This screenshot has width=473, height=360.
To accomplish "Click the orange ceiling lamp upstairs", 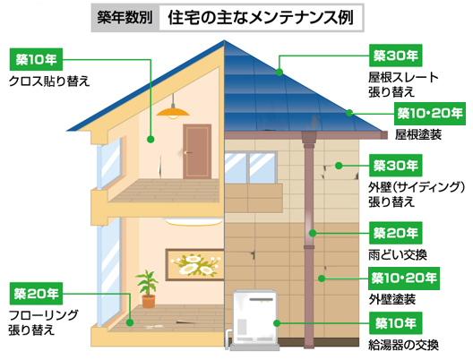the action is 173,112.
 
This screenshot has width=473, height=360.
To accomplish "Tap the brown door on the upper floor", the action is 197,151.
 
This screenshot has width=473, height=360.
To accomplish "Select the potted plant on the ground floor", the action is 148,289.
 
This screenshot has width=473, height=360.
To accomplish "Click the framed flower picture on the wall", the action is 194,265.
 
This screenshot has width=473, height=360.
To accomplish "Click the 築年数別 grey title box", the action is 125,18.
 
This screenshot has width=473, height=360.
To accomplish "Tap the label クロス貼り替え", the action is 49,81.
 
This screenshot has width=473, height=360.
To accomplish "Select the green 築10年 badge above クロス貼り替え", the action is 36,59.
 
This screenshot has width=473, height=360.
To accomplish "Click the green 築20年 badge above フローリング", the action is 36,294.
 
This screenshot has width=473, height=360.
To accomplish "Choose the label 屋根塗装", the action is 418,134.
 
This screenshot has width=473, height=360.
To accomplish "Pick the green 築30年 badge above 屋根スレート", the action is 395,56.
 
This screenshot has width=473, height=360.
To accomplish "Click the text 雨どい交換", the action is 398,255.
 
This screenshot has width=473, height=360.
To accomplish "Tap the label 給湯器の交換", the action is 404,345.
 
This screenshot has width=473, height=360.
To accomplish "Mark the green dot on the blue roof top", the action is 279,72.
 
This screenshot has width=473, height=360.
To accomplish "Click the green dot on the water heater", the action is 277,323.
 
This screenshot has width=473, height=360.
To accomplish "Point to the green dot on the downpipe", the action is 313,233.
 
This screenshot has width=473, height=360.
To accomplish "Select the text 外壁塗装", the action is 392,299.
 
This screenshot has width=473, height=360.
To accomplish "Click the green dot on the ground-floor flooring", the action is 130,322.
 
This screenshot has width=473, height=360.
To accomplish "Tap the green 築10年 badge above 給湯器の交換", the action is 395,323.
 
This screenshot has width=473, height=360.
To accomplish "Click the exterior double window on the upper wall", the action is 250,167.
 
